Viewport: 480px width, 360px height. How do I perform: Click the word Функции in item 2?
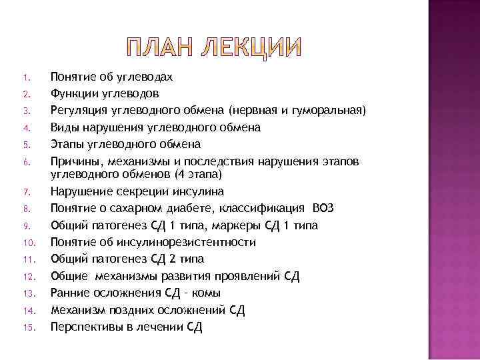pyautogui.click(x=72, y=93)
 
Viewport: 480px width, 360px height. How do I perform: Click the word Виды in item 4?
pyautogui.click(x=64, y=127)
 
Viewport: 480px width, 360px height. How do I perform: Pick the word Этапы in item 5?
pyautogui.click(x=67, y=143)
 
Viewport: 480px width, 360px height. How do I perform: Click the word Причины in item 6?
pyautogui.click(x=75, y=160)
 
